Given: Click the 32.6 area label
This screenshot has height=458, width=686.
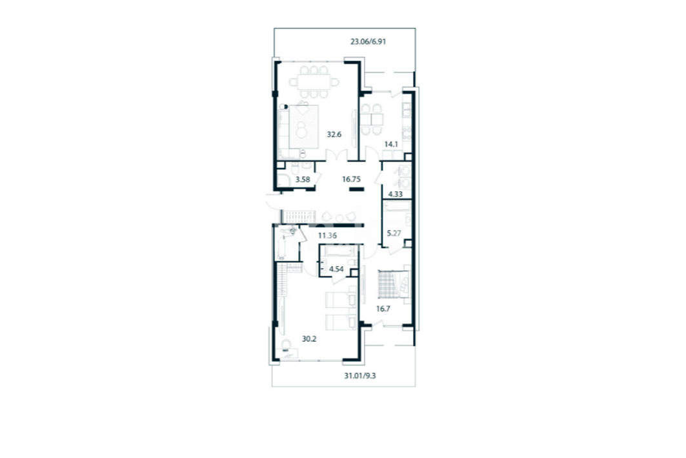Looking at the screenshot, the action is tap(334, 134).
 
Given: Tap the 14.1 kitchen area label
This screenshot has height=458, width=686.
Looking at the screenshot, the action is tap(391, 143).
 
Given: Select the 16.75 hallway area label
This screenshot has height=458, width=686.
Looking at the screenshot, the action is tap(351, 179).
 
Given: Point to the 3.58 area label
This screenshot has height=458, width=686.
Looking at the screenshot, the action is tap(303, 179).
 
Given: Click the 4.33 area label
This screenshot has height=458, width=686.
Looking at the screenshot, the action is tap(396, 194).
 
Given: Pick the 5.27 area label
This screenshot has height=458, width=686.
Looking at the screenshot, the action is tap(394, 233).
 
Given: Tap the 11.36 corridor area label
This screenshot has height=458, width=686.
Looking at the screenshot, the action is tap(327, 236).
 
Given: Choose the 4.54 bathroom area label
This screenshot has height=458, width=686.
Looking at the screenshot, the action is tap(336, 269).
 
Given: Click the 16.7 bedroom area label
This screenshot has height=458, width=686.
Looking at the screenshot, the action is tap(383, 309).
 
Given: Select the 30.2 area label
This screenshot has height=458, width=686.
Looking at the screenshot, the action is tap(309, 338).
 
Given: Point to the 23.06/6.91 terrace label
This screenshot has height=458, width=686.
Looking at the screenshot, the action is tap(368, 42).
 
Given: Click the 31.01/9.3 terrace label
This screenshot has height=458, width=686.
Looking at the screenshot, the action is tap(360, 375).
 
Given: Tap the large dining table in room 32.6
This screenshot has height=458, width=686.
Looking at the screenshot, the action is tap(314, 82).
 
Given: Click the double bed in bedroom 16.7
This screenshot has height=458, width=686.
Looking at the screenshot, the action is tap(394, 284).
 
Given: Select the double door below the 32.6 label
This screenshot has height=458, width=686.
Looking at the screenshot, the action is tap(337, 156).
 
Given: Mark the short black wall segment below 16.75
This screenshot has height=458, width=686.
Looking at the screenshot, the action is tap(357, 189).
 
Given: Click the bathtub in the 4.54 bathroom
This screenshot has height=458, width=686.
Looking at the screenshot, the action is tap(339, 251).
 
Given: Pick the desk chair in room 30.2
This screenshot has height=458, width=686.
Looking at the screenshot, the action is tap(287, 344).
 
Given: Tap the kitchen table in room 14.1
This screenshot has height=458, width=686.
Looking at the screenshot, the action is tap(372, 119).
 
